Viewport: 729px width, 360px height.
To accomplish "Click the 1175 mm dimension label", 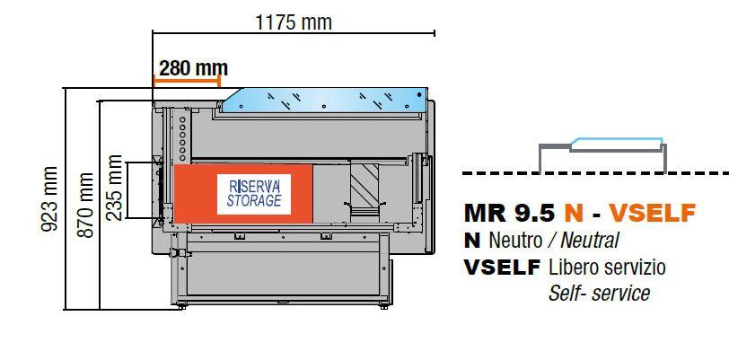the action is click(294, 22).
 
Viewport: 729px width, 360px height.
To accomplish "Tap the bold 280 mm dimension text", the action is click(193, 68).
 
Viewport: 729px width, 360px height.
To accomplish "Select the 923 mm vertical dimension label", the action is click(49, 198).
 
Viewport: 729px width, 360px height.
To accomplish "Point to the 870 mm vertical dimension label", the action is click(85, 205).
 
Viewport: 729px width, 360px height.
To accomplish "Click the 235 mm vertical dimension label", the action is click(114, 188).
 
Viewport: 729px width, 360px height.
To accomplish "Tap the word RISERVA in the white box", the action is click(254, 187).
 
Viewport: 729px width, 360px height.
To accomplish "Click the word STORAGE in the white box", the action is click(254, 200).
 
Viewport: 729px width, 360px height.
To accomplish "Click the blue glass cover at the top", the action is click(324, 100).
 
